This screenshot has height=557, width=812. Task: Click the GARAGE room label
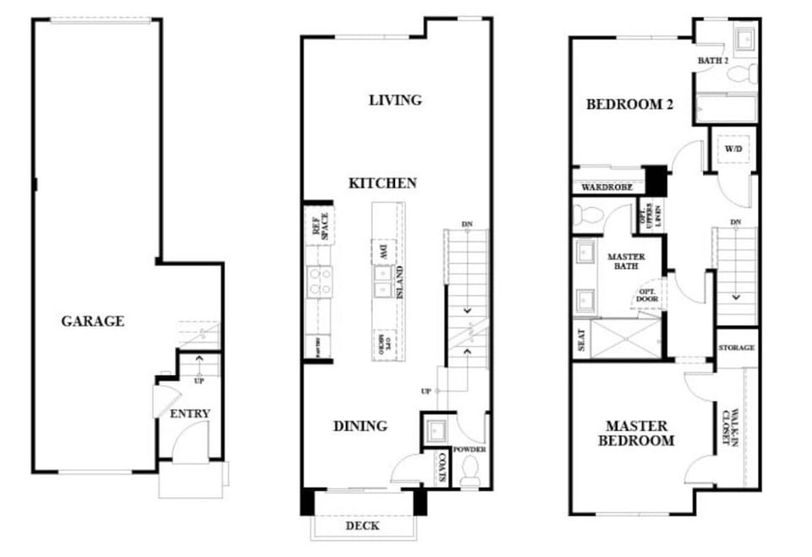pos(93,321)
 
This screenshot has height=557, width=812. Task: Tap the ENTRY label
pos(190,413)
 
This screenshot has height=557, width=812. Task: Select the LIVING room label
pos(395,100)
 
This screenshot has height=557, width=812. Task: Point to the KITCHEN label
pos(383,183)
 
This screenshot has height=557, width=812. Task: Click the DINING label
pos(359,426)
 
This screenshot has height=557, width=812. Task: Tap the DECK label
pos(364,526)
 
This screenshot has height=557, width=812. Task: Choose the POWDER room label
pos(469,450)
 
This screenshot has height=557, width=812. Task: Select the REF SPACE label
pos(318,225)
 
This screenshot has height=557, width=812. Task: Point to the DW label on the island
pos(383,251)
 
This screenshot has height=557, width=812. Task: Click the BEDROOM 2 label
pos(630,105)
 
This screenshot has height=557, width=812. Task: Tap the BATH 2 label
pos(713,61)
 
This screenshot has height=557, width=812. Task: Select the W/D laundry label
pos(732,149)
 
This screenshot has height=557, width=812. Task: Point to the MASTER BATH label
pos(626,261)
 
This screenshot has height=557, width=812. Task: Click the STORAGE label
pos(736,348)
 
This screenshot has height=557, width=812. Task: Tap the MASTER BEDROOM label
pos(637,434)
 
